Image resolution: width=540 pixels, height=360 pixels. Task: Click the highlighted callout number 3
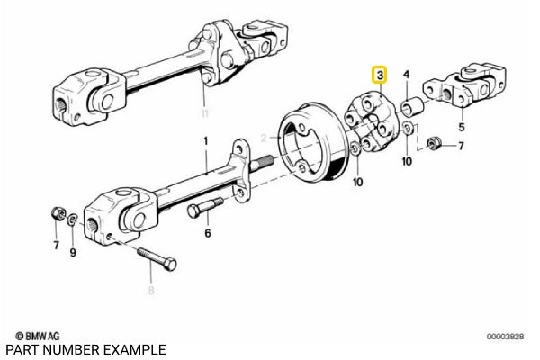tap(381, 76)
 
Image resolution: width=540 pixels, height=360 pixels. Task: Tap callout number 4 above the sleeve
tap(407, 75)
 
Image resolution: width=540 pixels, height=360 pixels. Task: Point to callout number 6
tap(208, 233)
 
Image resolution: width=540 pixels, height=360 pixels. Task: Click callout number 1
tap(205, 140)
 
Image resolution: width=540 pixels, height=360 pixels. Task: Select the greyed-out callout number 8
tap(151, 291)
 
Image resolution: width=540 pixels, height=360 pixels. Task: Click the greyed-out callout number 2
tap(265, 139)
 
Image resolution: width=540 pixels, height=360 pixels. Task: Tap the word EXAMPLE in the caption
tap(135, 348)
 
